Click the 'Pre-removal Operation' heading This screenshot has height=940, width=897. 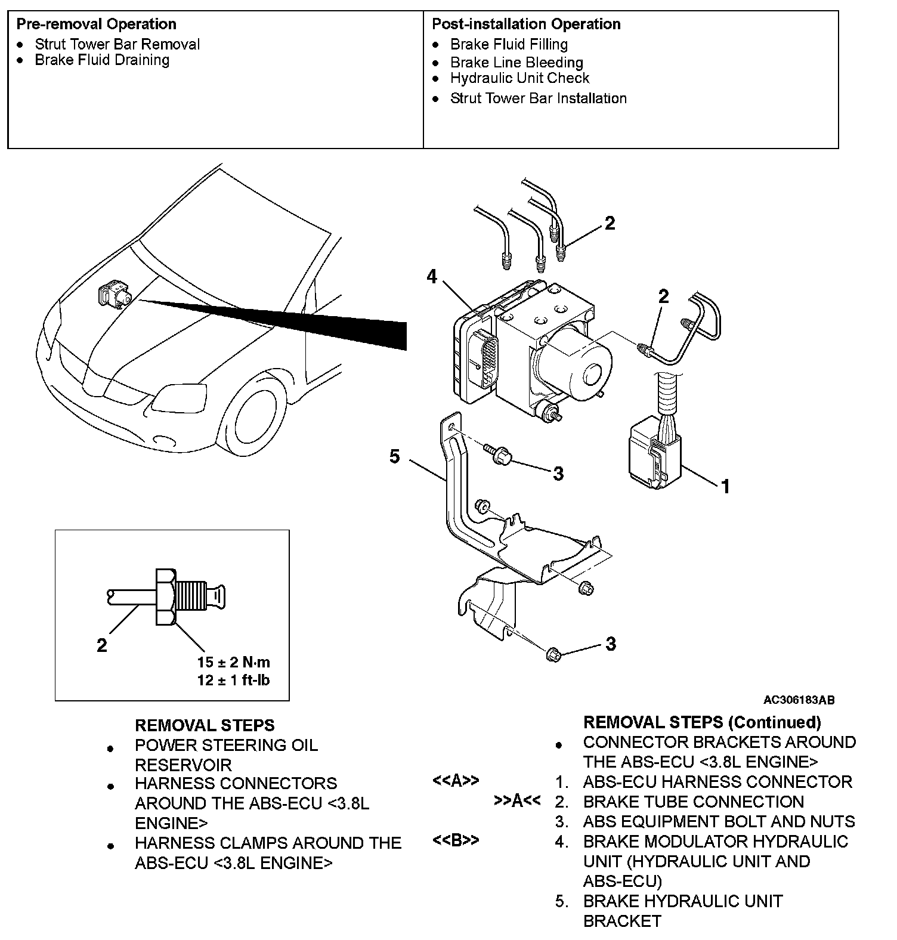coord(96,24)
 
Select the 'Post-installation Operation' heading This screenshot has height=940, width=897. coord(526,24)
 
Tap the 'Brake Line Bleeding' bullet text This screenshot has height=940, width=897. coord(516,63)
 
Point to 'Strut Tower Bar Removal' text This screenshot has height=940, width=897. coord(117,44)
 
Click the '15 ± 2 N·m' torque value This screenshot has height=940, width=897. coord(234,662)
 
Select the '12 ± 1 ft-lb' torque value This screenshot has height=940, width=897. coord(234,680)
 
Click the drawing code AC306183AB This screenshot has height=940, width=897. coord(799,700)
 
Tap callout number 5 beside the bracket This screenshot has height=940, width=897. coord(394,457)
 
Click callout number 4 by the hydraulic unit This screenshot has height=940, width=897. coord(432,277)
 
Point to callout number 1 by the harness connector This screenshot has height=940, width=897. coord(725,487)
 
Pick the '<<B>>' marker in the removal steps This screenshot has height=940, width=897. coord(456,840)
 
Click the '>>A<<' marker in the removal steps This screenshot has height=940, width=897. coord(517,801)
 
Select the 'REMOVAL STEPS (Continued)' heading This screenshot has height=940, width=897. coord(702,722)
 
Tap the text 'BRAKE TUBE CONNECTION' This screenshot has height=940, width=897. coord(693,802)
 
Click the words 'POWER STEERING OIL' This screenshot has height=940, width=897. coord(226,746)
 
